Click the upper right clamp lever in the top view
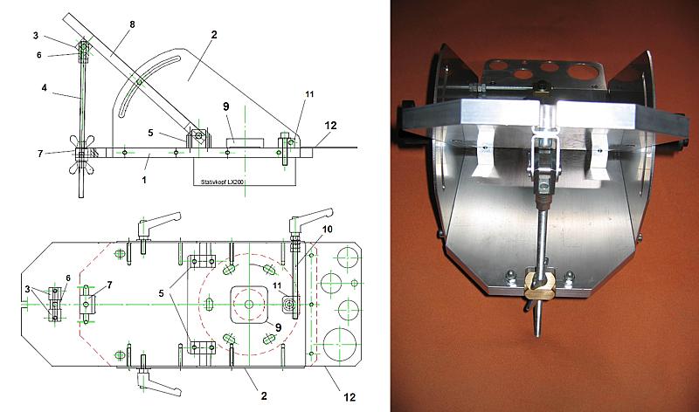313,213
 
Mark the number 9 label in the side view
226,106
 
